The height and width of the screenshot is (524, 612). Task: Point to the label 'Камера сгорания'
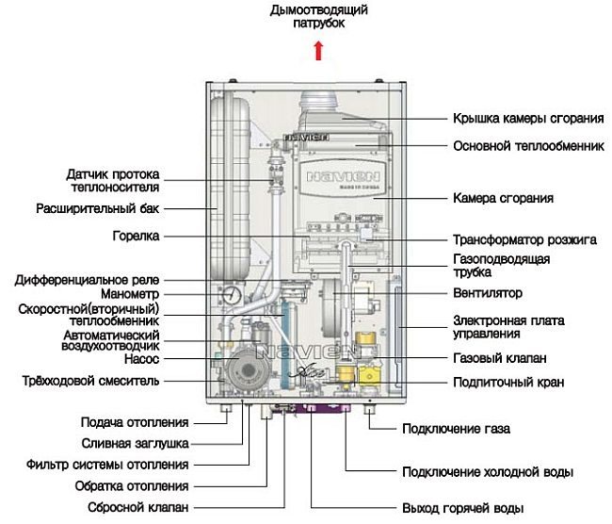[503, 199]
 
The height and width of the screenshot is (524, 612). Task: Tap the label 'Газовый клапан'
[500, 359]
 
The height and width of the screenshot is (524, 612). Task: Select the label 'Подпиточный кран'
[508, 383]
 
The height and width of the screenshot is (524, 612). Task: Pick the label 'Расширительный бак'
[98, 207]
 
